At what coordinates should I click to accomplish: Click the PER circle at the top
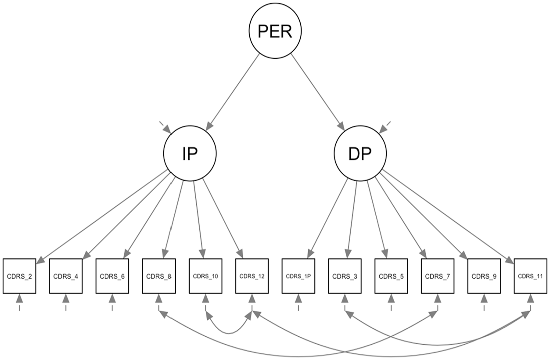(x=275, y=31)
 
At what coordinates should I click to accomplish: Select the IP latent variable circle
(x=190, y=153)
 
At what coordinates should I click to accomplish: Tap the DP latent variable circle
(x=360, y=153)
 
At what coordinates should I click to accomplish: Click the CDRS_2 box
(x=19, y=276)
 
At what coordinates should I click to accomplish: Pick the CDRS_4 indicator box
(x=66, y=276)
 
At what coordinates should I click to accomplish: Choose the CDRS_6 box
(x=112, y=276)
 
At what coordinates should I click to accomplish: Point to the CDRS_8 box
(x=159, y=276)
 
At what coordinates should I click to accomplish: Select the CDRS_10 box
(x=205, y=276)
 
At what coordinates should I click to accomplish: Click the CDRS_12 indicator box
(x=252, y=276)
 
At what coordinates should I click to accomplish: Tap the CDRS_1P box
(x=298, y=276)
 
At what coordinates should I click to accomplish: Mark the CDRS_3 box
(x=345, y=276)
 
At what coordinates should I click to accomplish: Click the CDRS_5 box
(x=391, y=276)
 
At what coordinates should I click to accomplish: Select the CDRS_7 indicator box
(x=438, y=276)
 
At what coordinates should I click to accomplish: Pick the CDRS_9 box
(x=484, y=276)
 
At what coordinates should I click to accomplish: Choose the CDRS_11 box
(x=531, y=276)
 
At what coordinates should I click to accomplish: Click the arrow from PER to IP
(x=233, y=92)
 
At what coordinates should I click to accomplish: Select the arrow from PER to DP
(x=318, y=92)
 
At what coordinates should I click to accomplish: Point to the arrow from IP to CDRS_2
(x=102, y=217)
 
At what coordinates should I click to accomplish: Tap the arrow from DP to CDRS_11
(x=448, y=217)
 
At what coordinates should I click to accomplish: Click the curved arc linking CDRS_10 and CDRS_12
(x=229, y=334)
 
